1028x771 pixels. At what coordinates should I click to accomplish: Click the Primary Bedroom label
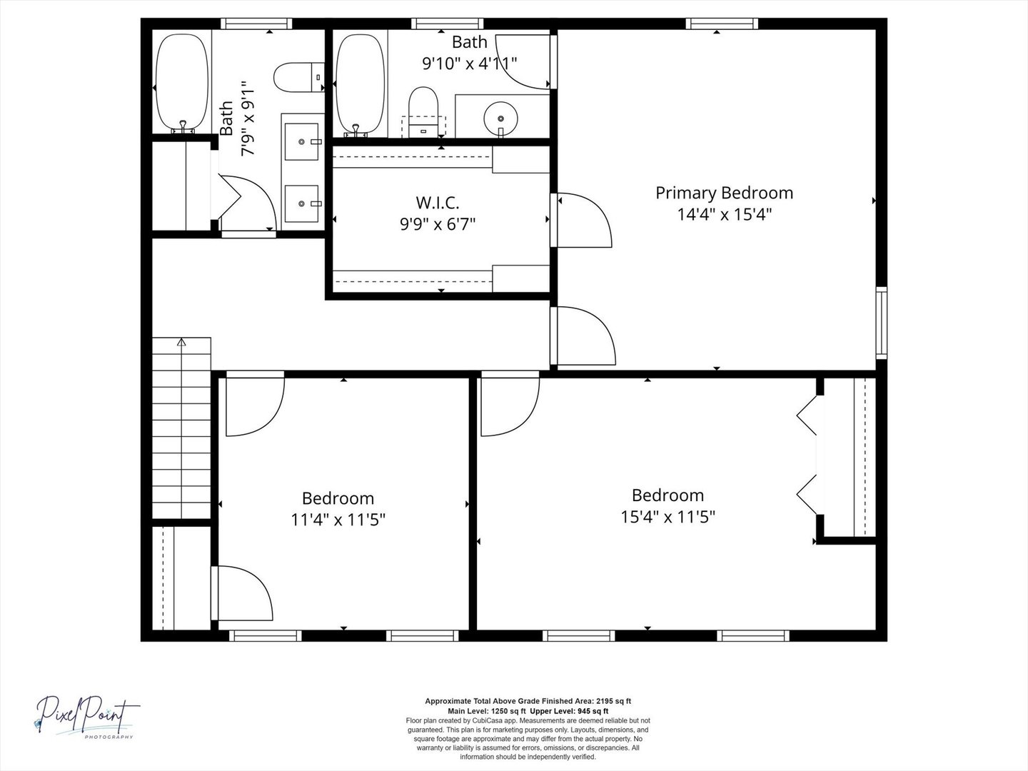pyautogui.click(x=724, y=193)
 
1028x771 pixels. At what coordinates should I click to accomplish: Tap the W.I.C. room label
pyautogui.click(x=438, y=203)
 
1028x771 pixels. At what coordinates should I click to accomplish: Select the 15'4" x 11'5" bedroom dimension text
pyautogui.click(x=668, y=517)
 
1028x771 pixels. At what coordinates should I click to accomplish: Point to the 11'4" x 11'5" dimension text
pyautogui.click(x=338, y=520)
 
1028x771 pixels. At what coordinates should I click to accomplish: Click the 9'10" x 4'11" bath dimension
pyautogui.click(x=469, y=64)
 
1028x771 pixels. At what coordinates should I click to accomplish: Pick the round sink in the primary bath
pyautogui.click(x=500, y=119)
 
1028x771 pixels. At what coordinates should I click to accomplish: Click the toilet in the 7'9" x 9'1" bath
pyautogui.click(x=299, y=77)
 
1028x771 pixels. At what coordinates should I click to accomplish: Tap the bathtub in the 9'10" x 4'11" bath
pyautogui.click(x=360, y=85)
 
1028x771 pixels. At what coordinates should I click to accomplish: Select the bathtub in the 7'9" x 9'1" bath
pyautogui.click(x=182, y=83)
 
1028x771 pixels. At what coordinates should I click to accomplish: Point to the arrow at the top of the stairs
pyautogui.click(x=181, y=342)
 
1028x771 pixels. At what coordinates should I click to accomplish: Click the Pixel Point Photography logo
pyautogui.click(x=87, y=716)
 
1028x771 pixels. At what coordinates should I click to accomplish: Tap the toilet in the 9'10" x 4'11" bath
pyautogui.click(x=423, y=112)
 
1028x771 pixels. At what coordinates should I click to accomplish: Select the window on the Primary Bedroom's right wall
pyautogui.click(x=882, y=323)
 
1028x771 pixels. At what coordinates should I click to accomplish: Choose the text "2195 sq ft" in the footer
pyautogui.click(x=613, y=701)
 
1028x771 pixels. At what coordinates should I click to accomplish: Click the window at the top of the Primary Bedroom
pyautogui.click(x=722, y=24)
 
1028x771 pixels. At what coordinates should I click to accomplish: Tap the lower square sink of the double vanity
pyautogui.click(x=302, y=203)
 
